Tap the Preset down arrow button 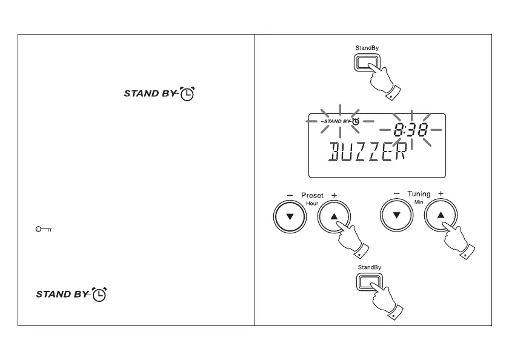click(x=289, y=217)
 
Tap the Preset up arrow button click(x=333, y=217)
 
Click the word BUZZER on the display click(x=367, y=152)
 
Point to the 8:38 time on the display click(x=410, y=129)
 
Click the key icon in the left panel click(x=43, y=229)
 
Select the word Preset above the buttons click(x=313, y=195)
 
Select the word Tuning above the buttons click(x=419, y=195)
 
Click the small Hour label click(x=313, y=204)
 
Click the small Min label click(x=419, y=202)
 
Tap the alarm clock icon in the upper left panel click(x=188, y=95)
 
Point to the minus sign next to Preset click(x=290, y=195)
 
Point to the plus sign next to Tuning click(x=441, y=194)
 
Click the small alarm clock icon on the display click(x=356, y=121)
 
